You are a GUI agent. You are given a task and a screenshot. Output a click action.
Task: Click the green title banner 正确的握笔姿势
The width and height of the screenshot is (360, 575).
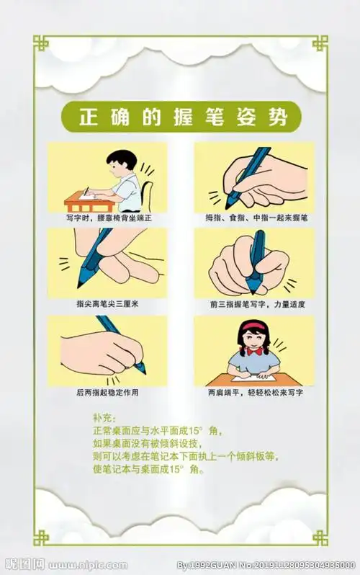(180, 116)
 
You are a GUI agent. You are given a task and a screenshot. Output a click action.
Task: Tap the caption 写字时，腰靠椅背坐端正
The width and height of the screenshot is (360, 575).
(108, 217)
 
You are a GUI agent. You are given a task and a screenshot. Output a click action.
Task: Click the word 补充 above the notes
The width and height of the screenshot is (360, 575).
(103, 418)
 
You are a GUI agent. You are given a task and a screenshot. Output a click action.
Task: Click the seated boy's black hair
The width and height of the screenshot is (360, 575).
(122, 159)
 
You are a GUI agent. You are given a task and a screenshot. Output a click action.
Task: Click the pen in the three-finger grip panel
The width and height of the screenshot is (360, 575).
(248, 173)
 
